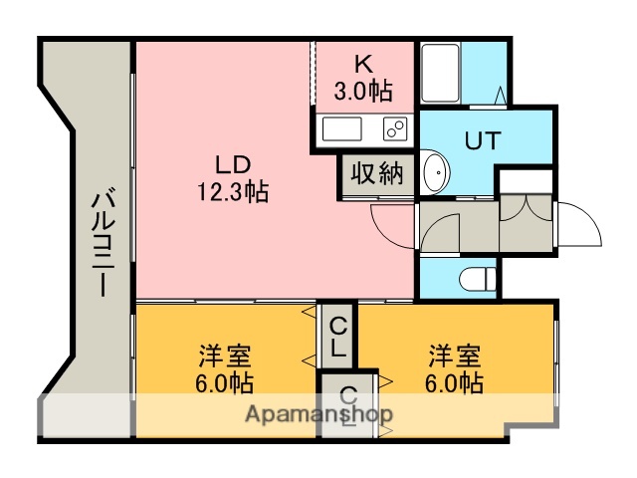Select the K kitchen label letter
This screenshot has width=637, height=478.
[363, 63]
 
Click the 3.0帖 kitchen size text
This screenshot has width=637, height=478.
[363, 90]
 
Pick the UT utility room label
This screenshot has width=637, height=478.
[482, 139]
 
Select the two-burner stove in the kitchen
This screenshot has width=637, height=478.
[394, 128]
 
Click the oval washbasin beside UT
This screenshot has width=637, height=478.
[435, 173]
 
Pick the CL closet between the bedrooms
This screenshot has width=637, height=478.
[338, 337]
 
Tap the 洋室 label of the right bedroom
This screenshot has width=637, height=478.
[456, 356]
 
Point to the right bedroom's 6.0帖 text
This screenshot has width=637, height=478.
[457, 382]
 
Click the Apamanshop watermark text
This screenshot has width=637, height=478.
[318, 414]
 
